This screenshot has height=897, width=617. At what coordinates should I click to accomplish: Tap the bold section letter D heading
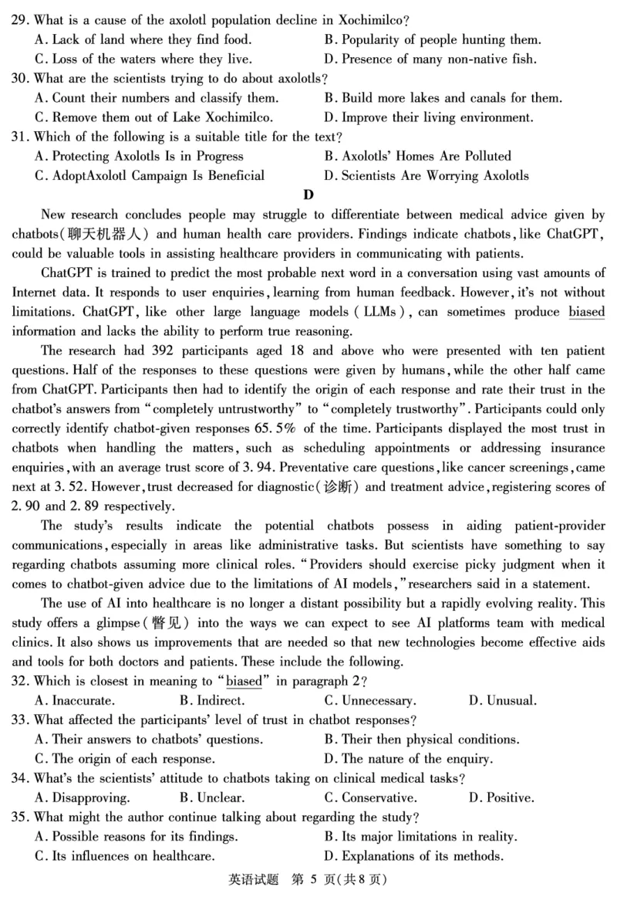308,195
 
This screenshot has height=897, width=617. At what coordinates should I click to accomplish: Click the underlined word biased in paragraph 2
586,312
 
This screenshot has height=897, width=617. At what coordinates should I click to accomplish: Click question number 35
21,817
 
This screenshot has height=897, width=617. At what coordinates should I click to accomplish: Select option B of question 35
420,837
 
